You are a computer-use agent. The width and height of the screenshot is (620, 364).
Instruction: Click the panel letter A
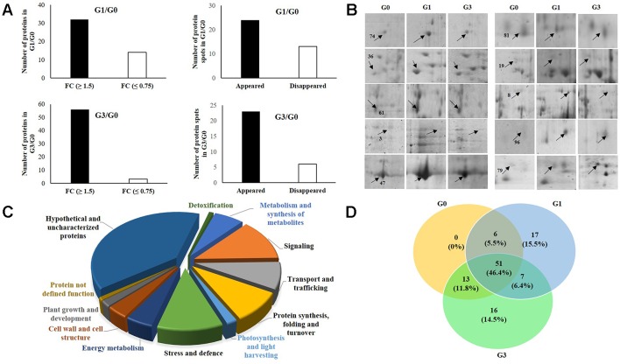8,8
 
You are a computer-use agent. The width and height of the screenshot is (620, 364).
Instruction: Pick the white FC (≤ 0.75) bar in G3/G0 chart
135,180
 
